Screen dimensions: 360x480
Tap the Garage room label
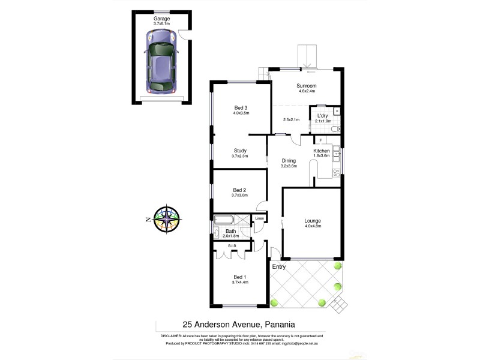161,19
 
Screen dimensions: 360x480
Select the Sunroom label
307,86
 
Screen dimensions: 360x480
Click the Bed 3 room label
241,107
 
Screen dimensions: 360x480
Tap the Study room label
240,151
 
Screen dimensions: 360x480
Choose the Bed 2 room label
240,190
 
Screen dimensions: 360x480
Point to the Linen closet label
259,218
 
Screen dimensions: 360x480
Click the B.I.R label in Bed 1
232,245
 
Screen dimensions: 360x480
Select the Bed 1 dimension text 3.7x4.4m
240,282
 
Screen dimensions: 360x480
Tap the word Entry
279,266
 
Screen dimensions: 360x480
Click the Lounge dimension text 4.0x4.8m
313,226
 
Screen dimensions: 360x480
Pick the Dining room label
289,160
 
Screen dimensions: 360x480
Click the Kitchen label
322,151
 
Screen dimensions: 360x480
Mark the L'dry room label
323,115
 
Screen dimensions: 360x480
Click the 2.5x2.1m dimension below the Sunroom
292,119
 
